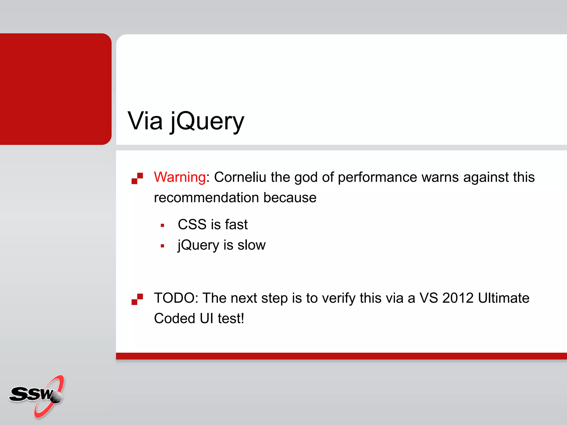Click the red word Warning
180,177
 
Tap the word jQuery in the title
207,121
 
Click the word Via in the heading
145,121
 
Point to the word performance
377,178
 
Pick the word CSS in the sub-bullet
192,224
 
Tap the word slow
251,245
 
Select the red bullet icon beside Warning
137,178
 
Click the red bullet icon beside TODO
137,299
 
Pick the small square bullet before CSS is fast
163,226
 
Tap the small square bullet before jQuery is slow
163,246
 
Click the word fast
236,224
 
